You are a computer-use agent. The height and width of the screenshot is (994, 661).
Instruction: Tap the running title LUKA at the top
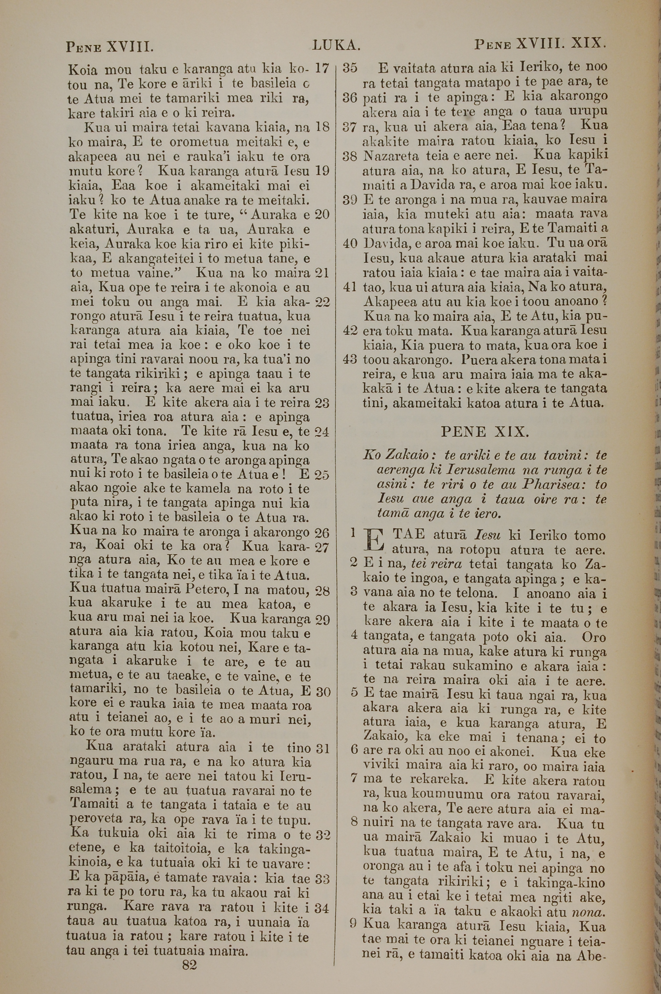(x=335, y=45)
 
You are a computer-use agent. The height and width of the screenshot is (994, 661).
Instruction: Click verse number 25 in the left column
(x=322, y=475)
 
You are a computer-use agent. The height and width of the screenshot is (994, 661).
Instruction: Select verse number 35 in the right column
(x=350, y=67)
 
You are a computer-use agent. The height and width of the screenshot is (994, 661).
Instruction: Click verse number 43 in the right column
(x=350, y=360)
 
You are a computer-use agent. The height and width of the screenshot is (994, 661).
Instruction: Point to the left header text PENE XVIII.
(x=109, y=46)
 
